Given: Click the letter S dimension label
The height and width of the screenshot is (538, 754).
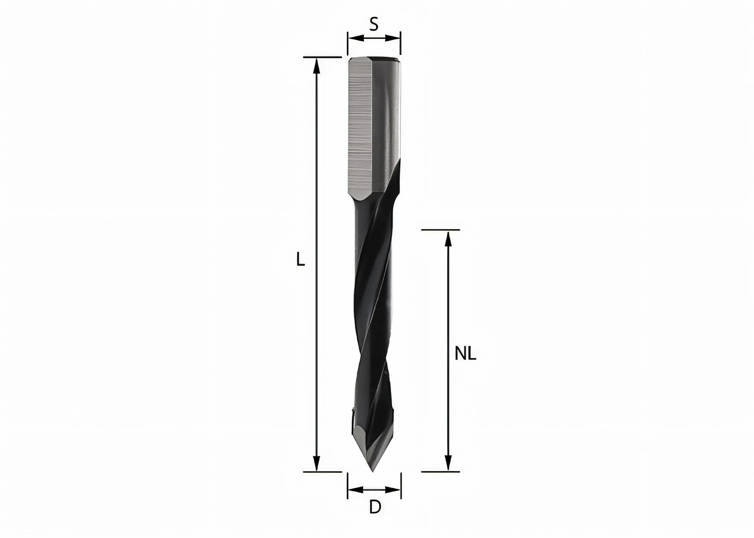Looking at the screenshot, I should [374, 25].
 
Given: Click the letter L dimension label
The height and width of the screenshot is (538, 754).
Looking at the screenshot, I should [300, 260].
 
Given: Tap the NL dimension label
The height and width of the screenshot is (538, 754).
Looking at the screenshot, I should [465, 354].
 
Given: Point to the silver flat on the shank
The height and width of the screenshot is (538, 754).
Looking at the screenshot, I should [360, 128].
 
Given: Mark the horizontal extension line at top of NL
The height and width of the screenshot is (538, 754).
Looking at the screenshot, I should [440, 230].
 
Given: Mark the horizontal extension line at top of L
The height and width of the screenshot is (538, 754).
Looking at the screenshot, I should [322, 57].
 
